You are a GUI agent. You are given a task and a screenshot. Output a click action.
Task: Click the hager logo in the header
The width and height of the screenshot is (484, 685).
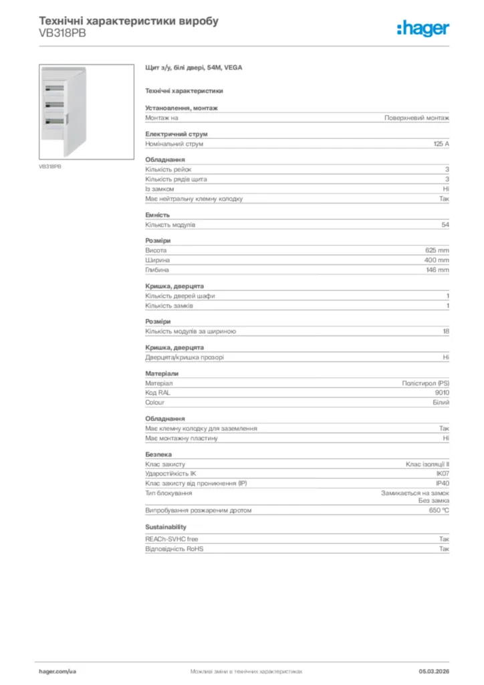pyautogui.click(x=422, y=28)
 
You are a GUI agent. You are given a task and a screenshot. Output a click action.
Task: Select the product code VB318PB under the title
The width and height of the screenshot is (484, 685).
pyautogui.click(x=58, y=33)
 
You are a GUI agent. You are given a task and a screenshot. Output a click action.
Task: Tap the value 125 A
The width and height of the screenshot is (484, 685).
pyautogui.click(x=441, y=144)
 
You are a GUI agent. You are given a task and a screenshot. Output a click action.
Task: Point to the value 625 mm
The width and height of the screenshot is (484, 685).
pyautogui.click(x=437, y=250)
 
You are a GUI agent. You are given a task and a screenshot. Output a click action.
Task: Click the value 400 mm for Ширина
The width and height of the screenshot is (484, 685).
pyautogui.click(x=437, y=260)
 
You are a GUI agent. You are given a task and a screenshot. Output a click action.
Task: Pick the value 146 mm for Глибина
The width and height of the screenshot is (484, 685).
pyautogui.click(x=437, y=270)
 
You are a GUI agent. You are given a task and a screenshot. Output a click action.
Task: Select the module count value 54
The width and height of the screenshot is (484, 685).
pyautogui.click(x=445, y=225)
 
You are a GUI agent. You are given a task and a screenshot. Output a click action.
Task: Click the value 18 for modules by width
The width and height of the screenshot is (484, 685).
pyautogui.click(x=445, y=331)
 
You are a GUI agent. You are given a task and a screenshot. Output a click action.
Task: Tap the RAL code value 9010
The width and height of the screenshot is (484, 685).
pyautogui.click(x=442, y=393)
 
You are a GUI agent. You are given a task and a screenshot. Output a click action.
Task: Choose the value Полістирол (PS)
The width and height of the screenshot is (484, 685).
pyautogui.click(x=425, y=383)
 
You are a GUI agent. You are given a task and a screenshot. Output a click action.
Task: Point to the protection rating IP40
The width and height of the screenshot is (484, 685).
pyautogui.click(x=443, y=482)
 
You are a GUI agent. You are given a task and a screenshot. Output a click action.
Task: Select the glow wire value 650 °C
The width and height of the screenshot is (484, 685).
pyautogui.click(x=439, y=510)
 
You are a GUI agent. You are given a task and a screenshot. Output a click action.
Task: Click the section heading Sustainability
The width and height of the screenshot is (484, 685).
pyautogui.click(x=166, y=527)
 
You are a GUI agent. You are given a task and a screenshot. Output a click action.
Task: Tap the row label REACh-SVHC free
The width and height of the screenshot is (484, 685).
pyautogui.click(x=172, y=539)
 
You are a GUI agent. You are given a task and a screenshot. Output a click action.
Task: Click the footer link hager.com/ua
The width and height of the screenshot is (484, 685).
pyautogui.click(x=57, y=670)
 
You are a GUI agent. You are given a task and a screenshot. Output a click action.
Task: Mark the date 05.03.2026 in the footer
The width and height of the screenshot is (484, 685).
pyautogui.click(x=434, y=670)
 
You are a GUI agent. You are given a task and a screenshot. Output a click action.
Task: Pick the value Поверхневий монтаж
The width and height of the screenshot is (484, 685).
pyautogui.click(x=416, y=118)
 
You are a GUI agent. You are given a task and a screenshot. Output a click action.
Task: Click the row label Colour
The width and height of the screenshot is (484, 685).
pyautogui.click(x=155, y=403)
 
